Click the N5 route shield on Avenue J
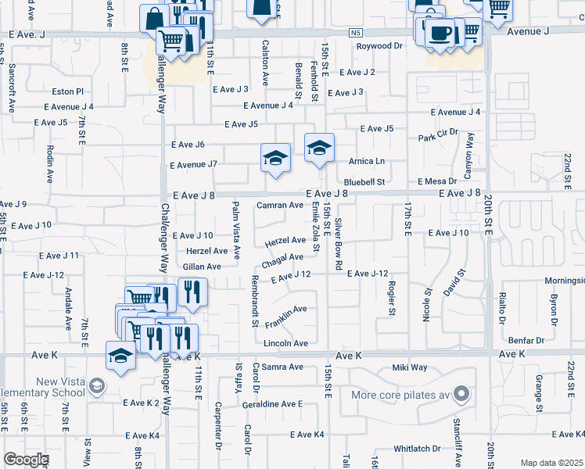pos(356,33)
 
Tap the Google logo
pos(25,460)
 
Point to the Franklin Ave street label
pos(285,317)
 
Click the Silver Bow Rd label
pos(339,244)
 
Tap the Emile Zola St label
pos(315,226)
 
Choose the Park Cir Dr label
pos(437,138)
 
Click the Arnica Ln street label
pos(369,161)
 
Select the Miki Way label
pos(410,367)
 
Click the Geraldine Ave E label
pos(272,403)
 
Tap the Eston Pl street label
pos(67,91)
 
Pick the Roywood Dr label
pos(379,46)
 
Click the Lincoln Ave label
pos(285,343)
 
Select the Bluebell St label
pos(365,181)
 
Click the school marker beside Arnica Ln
pos(319,149)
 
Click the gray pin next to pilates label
pos(462,392)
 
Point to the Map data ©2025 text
pos(551,463)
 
